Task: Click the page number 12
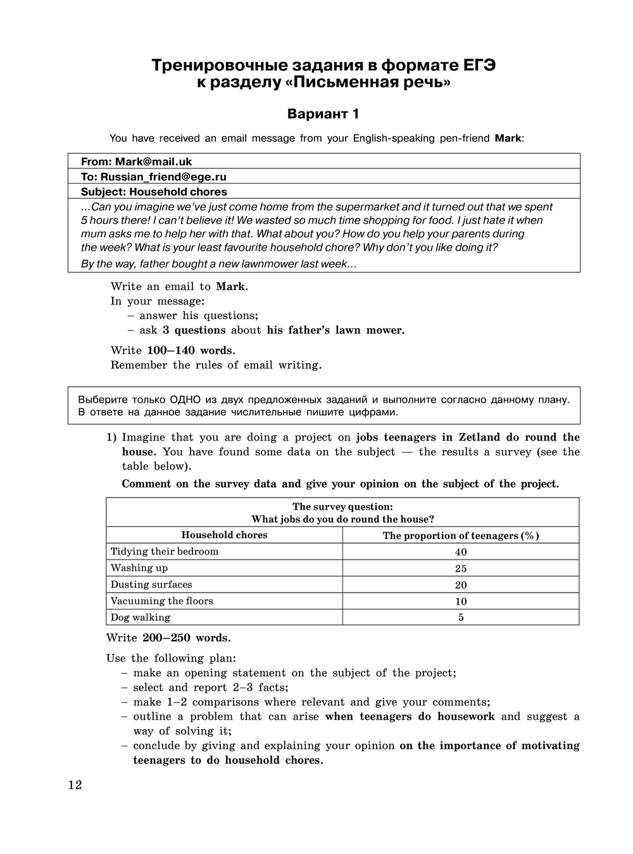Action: pos(75,786)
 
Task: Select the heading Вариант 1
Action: pos(323,114)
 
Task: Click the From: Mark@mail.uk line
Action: pos(136,161)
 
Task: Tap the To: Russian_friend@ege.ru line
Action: pos(153,177)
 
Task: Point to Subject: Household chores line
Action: pos(154,192)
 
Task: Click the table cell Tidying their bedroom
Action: pos(165,551)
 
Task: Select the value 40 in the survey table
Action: pos(461,552)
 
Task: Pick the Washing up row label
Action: pos(139,568)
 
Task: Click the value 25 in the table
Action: pos(461,568)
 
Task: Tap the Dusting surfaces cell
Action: pos(151,584)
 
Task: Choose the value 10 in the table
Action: pos(461,601)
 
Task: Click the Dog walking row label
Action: pos(141,617)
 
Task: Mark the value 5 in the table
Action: pos(461,618)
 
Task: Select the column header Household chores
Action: pos(224,535)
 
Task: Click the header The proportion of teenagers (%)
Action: pos(461,536)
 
